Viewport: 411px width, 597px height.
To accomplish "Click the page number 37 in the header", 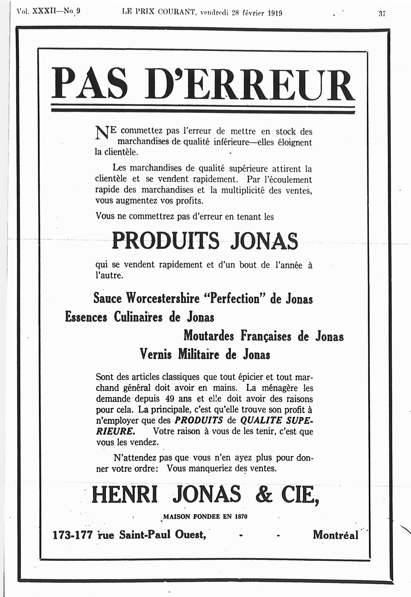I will [382, 14].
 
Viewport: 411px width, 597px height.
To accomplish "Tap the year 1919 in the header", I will [275, 13].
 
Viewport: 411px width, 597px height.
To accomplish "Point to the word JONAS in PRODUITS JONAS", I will [264, 241].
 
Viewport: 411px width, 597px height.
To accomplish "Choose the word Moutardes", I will [209, 336].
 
